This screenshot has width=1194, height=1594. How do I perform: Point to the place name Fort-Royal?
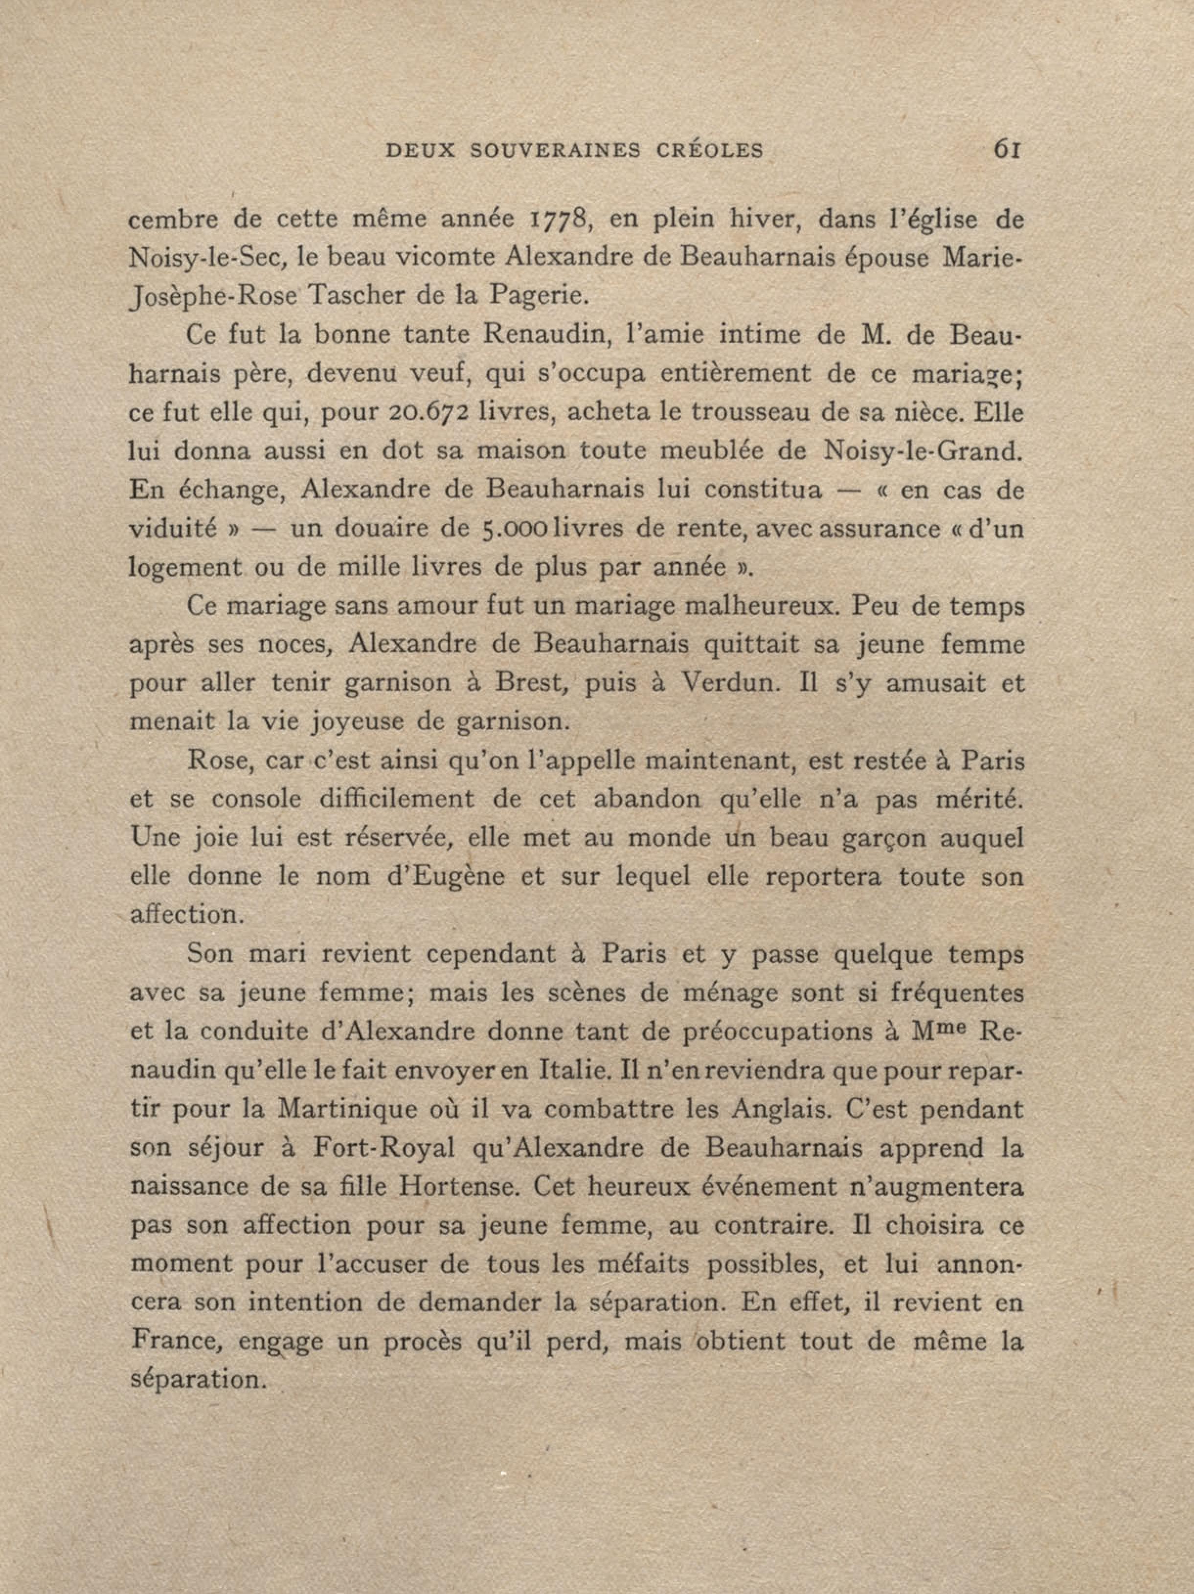[384, 1148]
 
